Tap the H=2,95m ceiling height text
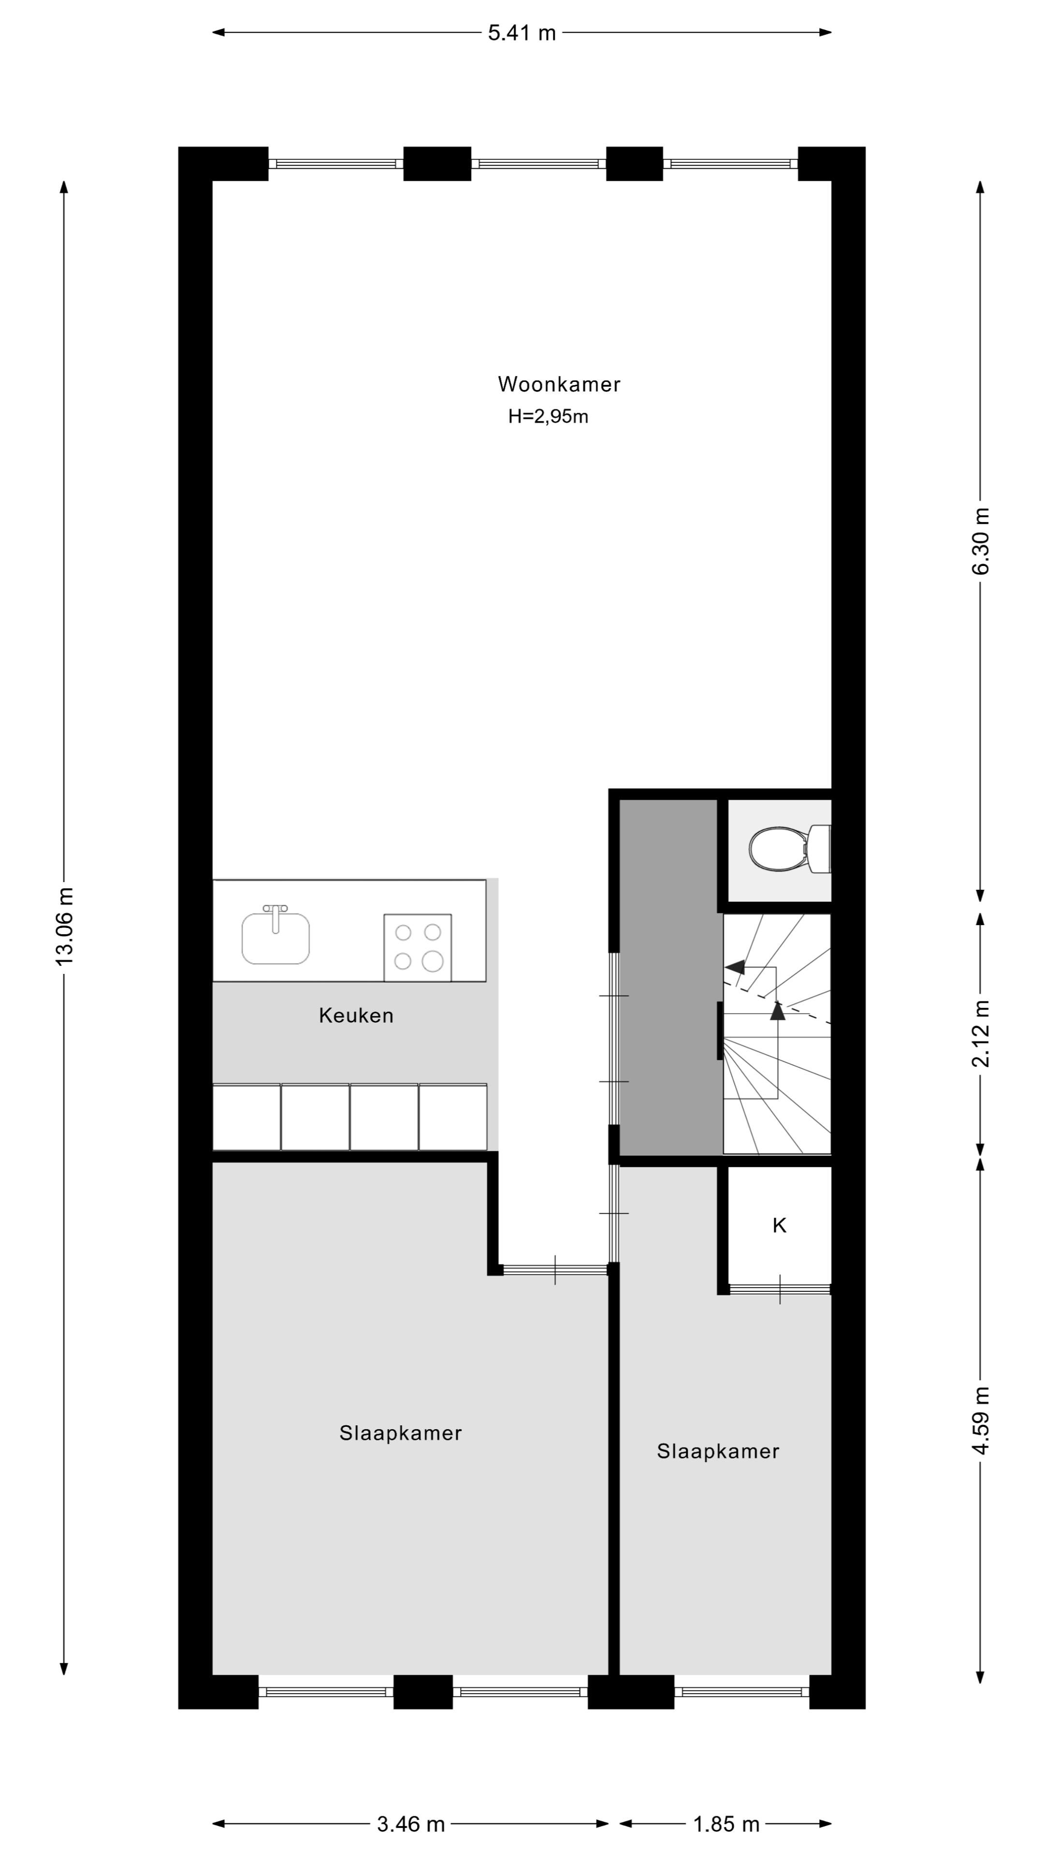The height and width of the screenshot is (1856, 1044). (548, 417)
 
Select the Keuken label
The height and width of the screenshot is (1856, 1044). (356, 1016)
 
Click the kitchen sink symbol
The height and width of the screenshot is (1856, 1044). (275, 937)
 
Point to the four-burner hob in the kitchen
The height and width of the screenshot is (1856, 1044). (417, 947)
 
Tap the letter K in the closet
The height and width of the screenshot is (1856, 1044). (779, 1226)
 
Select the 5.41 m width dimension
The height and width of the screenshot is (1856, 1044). (522, 32)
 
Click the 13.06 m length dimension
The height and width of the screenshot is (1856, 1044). (64, 926)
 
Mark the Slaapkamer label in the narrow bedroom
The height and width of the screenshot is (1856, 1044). (718, 1451)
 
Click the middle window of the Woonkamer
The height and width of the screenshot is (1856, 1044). (538, 163)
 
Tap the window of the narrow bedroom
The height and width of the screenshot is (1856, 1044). (741, 1692)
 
